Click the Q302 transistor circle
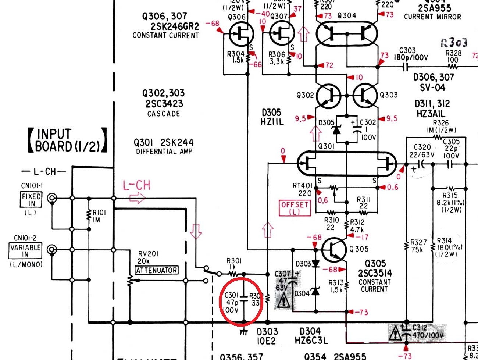click(328, 96)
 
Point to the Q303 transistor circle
click(365, 96)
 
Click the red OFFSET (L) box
click(295, 208)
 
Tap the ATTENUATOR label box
click(157, 270)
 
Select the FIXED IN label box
click(31, 200)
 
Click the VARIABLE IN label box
click(25, 250)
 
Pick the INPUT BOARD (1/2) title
click(68, 140)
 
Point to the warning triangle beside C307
click(283, 302)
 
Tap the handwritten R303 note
click(454, 43)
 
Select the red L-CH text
click(136, 185)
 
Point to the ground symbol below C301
click(243, 332)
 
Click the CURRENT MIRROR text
click(432, 17)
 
